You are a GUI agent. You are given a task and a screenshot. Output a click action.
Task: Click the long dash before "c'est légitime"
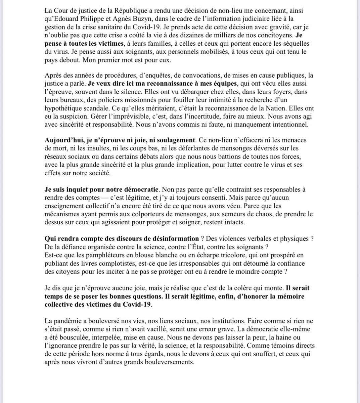(119, 197)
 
